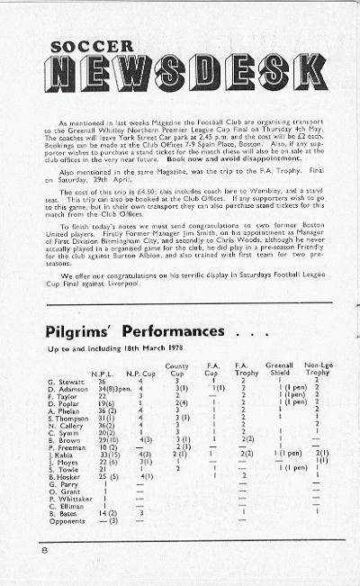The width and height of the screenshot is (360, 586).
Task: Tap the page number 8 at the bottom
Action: point(42,548)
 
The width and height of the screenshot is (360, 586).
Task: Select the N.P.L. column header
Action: point(103,374)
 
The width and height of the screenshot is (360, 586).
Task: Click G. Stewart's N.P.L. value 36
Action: point(102,382)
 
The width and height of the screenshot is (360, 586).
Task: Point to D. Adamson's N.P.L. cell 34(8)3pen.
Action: point(112,389)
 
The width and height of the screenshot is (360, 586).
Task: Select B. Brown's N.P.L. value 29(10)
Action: point(108,439)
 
